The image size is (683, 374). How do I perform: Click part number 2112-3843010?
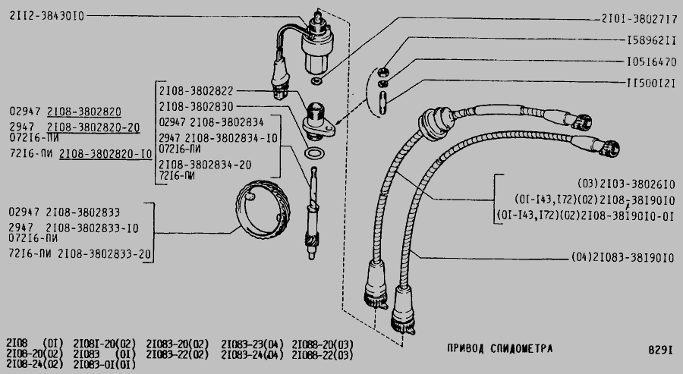[x=46, y=16]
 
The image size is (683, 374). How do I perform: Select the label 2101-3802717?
[x=639, y=19]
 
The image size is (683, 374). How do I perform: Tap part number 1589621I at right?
[x=651, y=40]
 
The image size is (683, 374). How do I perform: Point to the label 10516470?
[x=651, y=61]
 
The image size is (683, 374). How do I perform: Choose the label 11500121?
[x=651, y=83]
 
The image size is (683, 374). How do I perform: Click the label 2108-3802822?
[x=196, y=91]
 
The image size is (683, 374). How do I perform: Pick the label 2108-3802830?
[x=196, y=107]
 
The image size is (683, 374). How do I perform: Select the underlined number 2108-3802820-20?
[x=93, y=127]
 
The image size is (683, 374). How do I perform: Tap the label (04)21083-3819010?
[x=623, y=258]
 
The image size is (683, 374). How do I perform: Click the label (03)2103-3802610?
[x=626, y=184]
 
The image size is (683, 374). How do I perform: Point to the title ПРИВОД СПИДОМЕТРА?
[x=499, y=348]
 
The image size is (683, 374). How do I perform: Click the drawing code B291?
[x=661, y=350]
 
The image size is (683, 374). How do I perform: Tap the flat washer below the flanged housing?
[x=313, y=154]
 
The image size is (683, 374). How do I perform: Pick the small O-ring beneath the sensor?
[x=316, y=80]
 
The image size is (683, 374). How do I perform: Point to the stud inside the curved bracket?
[x=382, y=102]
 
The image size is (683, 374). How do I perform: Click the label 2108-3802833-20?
[x=104, y=254]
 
